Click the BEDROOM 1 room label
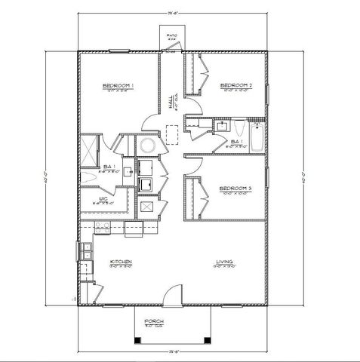coord(118,87)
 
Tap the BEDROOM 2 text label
coord(235,87)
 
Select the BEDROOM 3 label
coord(235,188)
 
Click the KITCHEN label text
coord(121,262)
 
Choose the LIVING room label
coord(223,262)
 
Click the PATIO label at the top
coord(171,35)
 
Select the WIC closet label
coord(103,199)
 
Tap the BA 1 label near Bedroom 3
coord(235,142)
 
